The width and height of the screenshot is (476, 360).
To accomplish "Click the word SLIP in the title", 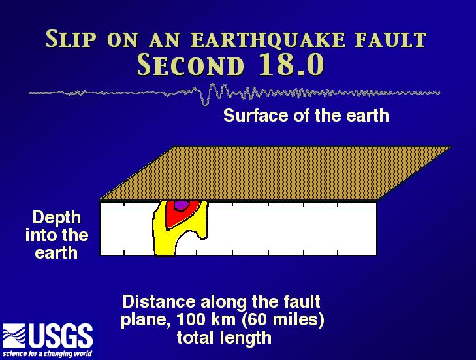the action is tap(71, 39).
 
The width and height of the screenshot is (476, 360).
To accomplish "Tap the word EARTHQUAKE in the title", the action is tap(268, 39).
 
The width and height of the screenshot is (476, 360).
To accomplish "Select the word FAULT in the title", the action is tap(391, 39).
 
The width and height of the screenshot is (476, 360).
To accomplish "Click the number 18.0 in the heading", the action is tap(292, 65).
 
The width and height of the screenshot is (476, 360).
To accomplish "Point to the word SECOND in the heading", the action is tap(191, 65).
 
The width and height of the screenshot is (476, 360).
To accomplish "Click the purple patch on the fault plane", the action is tap(182, 205).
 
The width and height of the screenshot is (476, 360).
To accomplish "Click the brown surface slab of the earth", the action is tap(276, 173).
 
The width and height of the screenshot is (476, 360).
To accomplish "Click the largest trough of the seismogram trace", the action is tap(205, 104).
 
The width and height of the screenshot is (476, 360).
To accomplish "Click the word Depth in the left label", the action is tap(57, 218).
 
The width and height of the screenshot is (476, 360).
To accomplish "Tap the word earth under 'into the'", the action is tap(56, 253).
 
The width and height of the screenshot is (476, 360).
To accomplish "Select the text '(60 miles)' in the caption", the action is tap(283, 320).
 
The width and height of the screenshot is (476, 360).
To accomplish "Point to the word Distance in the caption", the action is tap(159, 302).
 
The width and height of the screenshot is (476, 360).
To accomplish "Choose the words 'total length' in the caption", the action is tap(224, 338).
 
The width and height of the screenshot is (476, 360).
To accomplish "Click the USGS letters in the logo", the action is tap(61, 335).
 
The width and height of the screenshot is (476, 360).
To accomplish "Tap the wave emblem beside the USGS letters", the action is tap(14, 336).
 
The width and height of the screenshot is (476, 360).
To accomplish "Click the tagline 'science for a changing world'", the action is tap(48, 353).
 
